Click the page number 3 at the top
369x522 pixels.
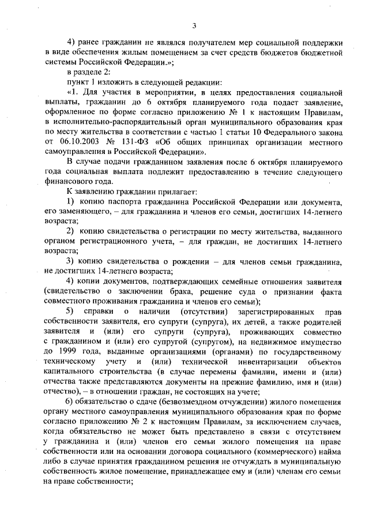(194, 24)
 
